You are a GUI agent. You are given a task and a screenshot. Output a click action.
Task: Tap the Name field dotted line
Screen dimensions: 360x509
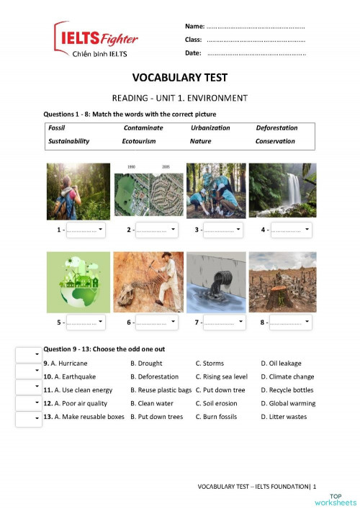pyautogui.click(x=255, y=27)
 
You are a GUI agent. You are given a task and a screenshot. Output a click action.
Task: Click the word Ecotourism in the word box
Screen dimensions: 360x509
pyautogui.click(x=138, y=141)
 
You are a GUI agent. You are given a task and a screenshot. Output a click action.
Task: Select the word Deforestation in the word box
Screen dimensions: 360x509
pyautogui.click(x=276, y=128)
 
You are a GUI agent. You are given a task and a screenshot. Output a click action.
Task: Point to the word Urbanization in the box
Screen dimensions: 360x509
pyautogui.click(x=210, y=128)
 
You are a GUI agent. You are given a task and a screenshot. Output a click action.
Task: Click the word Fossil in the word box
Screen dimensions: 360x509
pyautogui.click(x=56, y=128)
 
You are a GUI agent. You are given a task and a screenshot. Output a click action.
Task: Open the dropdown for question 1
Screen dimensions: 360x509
pyautogui.click(x=86, y=230)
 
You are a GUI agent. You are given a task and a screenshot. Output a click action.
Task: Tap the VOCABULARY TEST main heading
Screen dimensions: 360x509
pyautogui.click(x=179, y=78)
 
